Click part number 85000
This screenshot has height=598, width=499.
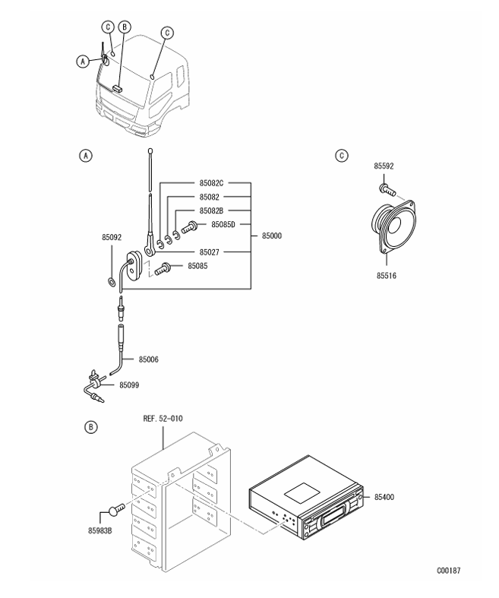272,236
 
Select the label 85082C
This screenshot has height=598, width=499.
211,183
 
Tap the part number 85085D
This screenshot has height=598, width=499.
223,224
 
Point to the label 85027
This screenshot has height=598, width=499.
210,252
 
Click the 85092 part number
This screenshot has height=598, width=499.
112,237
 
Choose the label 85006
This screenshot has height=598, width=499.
149,359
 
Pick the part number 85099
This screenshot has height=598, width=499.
129,385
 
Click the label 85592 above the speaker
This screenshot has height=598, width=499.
384,166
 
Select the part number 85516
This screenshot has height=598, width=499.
387,275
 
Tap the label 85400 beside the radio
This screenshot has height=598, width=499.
384,497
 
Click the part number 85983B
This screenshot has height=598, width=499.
100,530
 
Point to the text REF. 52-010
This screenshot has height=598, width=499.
163,419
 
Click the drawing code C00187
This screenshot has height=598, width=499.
449,571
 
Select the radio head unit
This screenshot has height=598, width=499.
306,498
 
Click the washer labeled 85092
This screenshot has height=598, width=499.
112,283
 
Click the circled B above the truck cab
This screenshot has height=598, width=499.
125,27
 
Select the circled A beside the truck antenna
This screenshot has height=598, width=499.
83,61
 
